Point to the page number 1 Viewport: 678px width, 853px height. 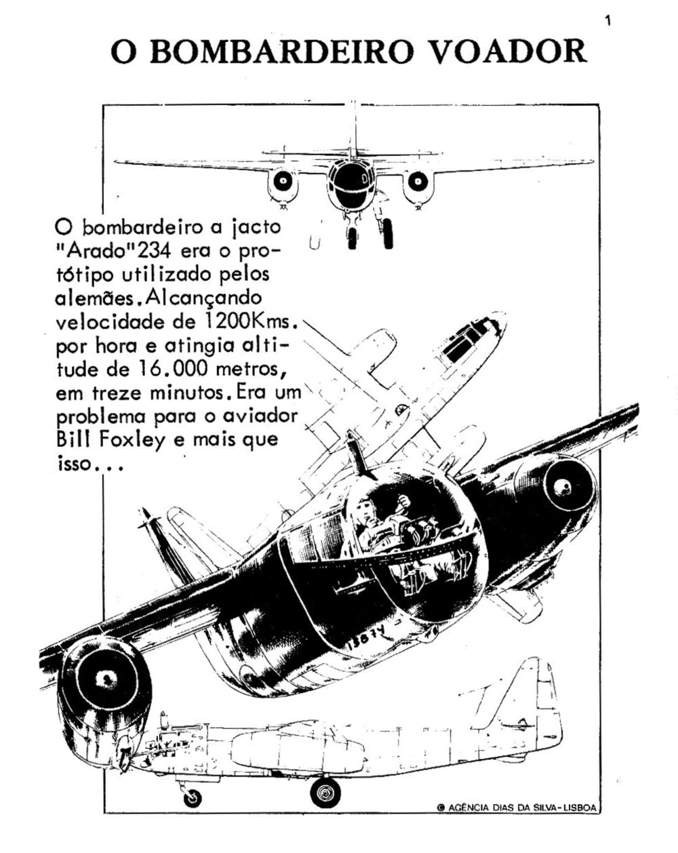[607, 22]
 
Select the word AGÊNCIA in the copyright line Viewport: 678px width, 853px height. [468, 807]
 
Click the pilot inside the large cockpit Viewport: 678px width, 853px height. [372, 522]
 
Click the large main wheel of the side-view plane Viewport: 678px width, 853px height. [325, 792]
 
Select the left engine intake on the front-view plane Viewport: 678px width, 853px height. [284, 182]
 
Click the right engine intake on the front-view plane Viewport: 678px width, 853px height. [416, 181]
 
